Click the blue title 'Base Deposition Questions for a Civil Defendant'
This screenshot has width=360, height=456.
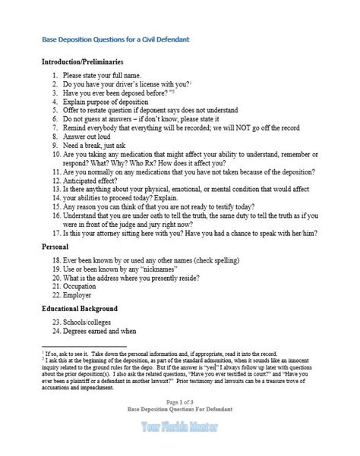click(x=115, y=39)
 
